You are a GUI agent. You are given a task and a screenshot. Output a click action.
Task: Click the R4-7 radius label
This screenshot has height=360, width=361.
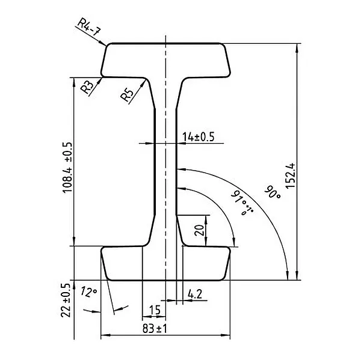[x=89, y=27]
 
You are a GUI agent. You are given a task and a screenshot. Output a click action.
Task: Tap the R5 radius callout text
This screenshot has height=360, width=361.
[x=127, y=95]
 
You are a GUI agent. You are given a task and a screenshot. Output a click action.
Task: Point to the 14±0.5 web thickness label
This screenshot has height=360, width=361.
[x=198, y=137]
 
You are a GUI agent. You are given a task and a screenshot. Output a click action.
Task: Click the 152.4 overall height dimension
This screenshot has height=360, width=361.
[x=290, y=176]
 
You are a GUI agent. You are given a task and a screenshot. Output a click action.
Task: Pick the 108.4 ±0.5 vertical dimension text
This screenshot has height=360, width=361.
[x=67, y=168]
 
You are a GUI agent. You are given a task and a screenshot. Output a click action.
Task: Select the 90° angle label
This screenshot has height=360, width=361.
[x=273, y=192]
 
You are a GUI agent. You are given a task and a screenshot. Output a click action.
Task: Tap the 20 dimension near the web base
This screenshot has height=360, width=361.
[x=199, y=230]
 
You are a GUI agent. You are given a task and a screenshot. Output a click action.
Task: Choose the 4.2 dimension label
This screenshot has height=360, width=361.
[x=195, y=294]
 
